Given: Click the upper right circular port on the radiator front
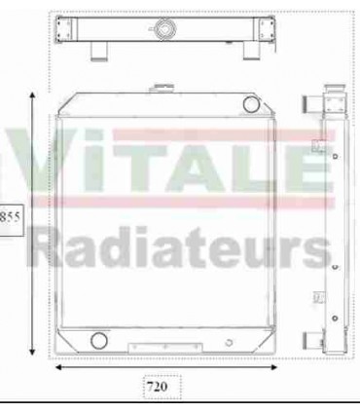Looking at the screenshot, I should pos(252,102).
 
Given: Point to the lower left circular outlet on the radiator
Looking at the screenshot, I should pos(97,341).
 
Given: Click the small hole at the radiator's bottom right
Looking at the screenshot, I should pos(227,342).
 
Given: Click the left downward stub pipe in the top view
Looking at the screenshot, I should pos(98,50).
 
